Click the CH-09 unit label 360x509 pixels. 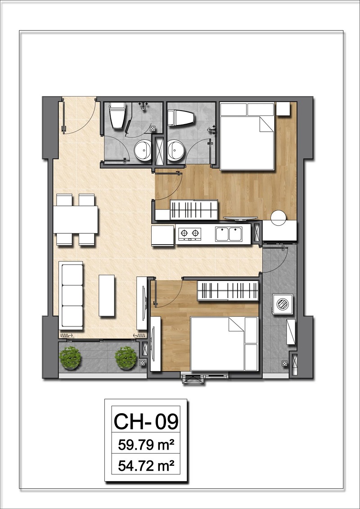pyautogui.click(x=146, y=421)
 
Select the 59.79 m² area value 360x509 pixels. pyautogui.click(x=146, y=445)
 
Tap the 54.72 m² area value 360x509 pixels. pyautogui.click(x=146, y=466)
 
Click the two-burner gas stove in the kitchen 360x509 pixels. pyautogui.click(x=189, y=233)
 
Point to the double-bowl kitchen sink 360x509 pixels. pyautogui.click(x=228, y=234)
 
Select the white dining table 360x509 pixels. pyautogui.click(x=76, y=219)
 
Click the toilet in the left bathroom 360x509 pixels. pyautogui.click(x=117, y=115)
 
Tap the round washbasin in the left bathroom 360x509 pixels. pyautogui.click(x=144, y=150)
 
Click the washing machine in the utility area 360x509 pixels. pyautogui.click(x=283, y=304)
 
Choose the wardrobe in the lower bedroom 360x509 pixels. pyautogui.click(x=228, y=290)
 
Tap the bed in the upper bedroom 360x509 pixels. pyautogui.click(x=247, y=136)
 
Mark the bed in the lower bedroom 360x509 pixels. pyautogui.click(x=224, y=344)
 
